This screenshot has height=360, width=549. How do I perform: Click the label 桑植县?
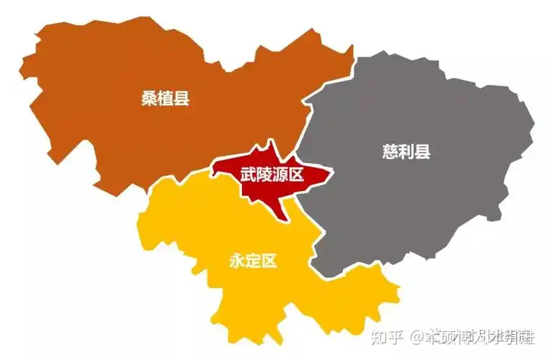pyautogui.click(x=165, y=99)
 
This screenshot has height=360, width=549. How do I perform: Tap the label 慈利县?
pyautogui.click(x=406, y=152)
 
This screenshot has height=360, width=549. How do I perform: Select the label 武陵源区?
pyautogui.click(x=272, y=174)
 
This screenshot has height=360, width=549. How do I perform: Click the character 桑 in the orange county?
pyautogui.click(x=149, y=99)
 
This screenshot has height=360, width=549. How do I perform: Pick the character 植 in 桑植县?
pyautogui.click(x=165, y=99)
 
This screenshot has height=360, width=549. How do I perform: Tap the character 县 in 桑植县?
pyautogui.click(x=182, y=99)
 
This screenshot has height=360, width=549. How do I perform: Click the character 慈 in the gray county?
pyautogui.click(x=390, y=152)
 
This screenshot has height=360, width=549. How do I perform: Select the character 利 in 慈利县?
pyautogui.click(x=406, y=152)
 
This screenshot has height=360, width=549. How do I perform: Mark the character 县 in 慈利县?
pyautogui.click(x=422, y=152)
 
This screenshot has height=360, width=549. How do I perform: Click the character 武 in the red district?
pyautogui.click(x=248, y=174)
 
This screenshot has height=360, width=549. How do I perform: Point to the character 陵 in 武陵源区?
pyautogui.click(x=264, y=174)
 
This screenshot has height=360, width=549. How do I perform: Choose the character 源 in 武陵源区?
pyautogui.click(x=280, y=174)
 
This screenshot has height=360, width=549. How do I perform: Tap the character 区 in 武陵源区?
pyautogui.click(x=295, y=174)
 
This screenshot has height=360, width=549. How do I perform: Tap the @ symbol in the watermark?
pyautogui.click(x=418, y=336)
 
